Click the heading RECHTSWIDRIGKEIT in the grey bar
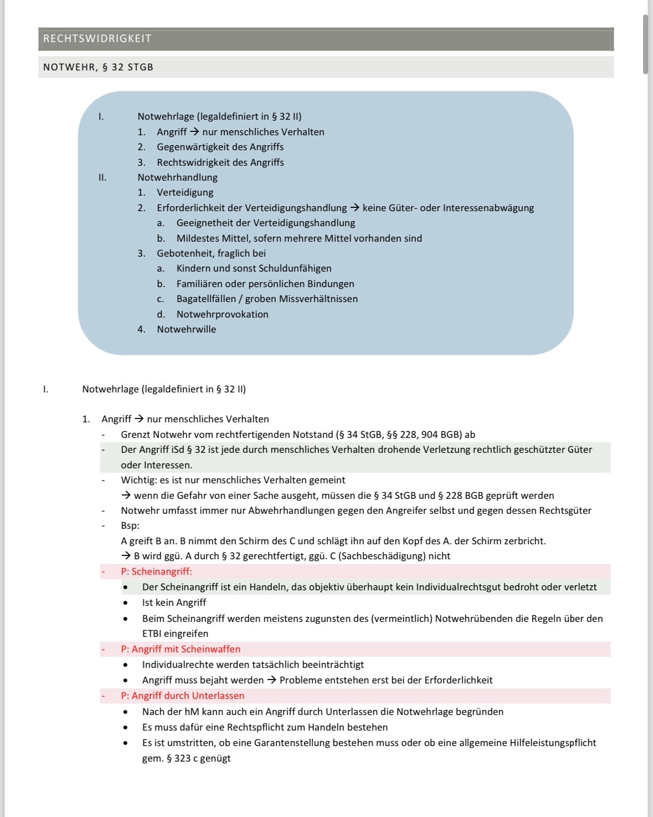pos(97,39)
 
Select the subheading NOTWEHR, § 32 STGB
pos(98,67)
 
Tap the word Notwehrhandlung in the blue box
pos(177,177)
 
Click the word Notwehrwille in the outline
pos(186,329)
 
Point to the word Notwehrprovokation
pos(222,314)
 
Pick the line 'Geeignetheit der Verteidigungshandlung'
pos(265,223)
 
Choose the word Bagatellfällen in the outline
pos(205,299)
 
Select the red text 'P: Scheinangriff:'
pos(156,571)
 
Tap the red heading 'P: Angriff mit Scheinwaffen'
pos(181,649)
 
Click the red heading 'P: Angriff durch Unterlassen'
pos(182,696)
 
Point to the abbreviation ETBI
pos(151,634)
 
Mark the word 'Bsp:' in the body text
pos(130,525)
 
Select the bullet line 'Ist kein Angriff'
pos(174,602)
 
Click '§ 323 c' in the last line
pos(182,758)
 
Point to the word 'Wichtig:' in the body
pos(139,480)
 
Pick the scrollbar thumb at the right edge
pos(645,44)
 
